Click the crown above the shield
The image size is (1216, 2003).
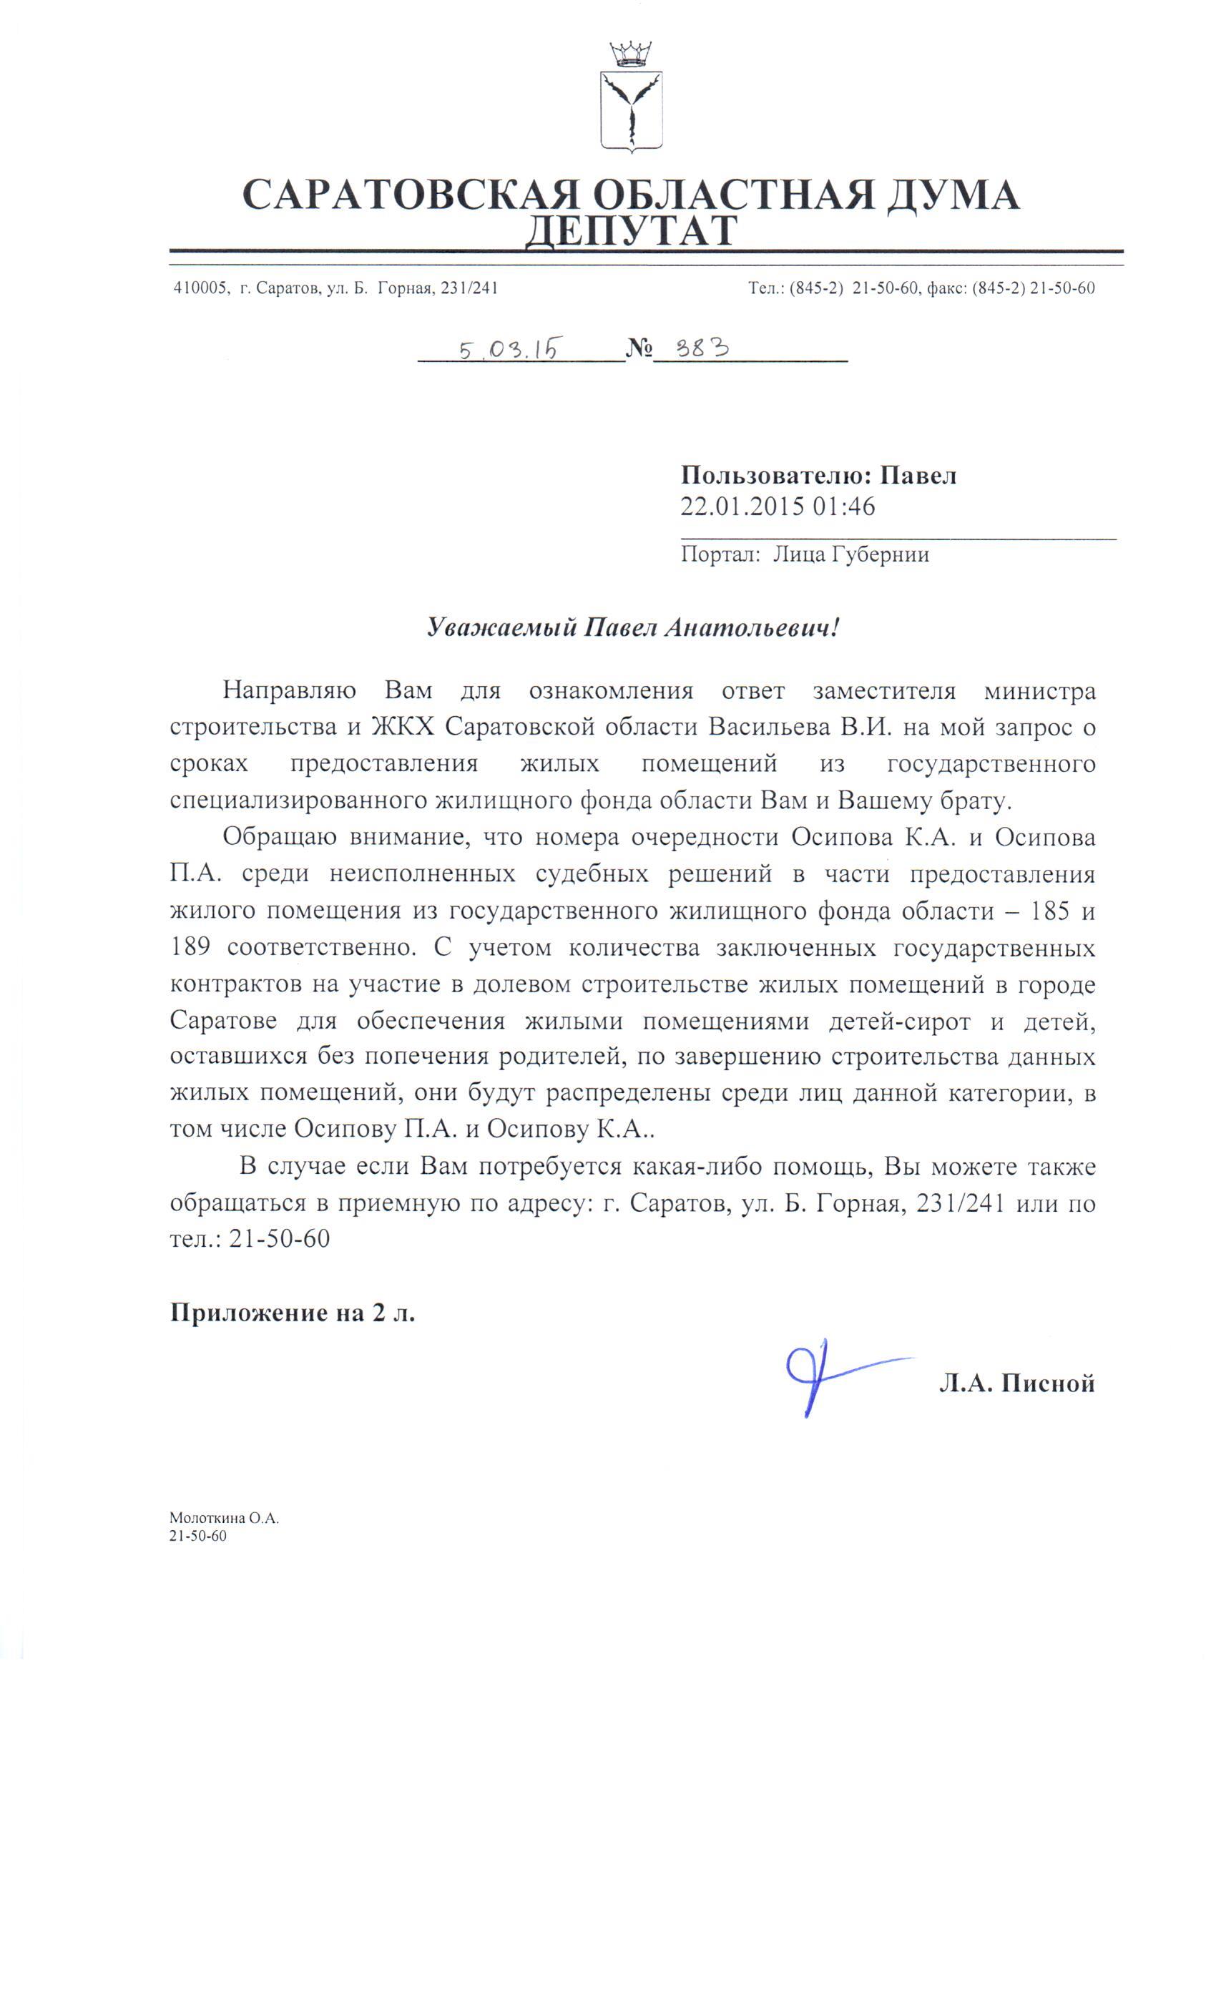(630, 54)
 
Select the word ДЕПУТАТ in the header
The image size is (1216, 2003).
(630, 232)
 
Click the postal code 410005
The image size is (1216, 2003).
(199, 288)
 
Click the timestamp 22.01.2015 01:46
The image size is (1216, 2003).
(777, 506)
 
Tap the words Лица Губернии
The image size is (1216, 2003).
(850, 554)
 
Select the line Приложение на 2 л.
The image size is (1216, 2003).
(292, 1313)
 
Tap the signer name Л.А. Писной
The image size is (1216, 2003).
(1016, 1383)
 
